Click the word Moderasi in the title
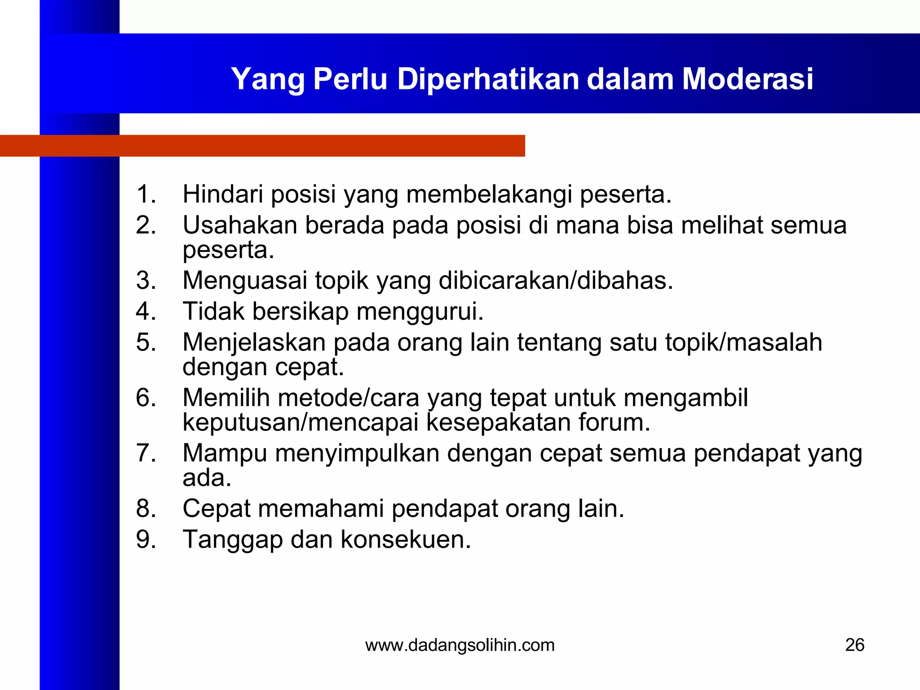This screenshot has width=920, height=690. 747,79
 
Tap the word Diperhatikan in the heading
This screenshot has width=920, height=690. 488,79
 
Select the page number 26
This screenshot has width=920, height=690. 854,645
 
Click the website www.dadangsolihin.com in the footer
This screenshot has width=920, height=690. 460,645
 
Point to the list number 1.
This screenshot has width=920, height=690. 146,195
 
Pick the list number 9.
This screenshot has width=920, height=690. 146,539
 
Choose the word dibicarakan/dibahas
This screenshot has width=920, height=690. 556,280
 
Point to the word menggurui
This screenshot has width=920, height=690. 420,311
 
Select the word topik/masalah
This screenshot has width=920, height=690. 743,342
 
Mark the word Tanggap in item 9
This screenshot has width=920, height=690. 233,539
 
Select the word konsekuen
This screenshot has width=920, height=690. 406,539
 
